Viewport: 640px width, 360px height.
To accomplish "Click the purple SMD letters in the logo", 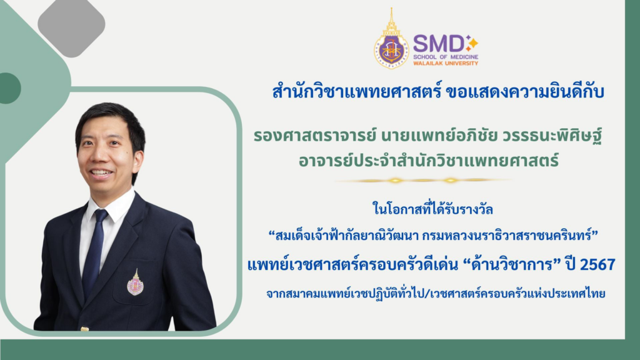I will point(437,43).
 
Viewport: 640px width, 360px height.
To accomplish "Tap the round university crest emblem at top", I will point(391,49).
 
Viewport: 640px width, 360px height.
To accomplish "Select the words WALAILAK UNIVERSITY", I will point(446,63).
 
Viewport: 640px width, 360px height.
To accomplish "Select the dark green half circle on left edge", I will point(8,88).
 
